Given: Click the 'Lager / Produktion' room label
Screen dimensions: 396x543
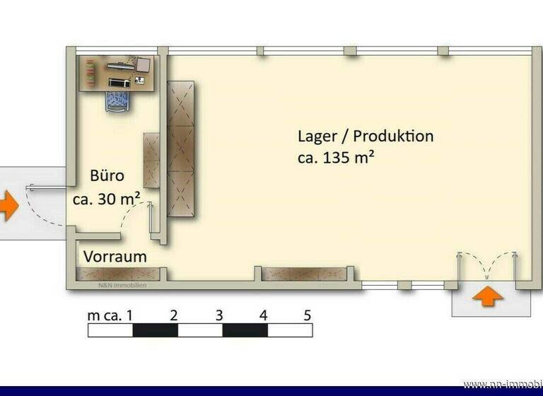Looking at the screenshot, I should point(365,136).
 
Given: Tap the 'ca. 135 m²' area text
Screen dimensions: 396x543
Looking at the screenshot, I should point(335,158).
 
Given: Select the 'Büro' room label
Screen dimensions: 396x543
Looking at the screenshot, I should point(107,176).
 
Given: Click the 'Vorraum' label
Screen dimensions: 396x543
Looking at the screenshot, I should point(115,257).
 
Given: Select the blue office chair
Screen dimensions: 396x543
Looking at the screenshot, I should point(117,100).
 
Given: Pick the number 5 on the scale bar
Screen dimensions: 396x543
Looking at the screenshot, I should point(308,315).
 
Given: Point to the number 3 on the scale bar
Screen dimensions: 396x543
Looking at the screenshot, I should point(219,315).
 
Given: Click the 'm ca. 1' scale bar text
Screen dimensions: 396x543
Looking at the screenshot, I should point(110,315).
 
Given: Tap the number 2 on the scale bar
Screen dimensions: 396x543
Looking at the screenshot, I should point(173,315).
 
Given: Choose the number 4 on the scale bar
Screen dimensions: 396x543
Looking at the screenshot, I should point(263,315).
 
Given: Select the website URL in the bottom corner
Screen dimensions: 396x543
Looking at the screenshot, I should point(503,384).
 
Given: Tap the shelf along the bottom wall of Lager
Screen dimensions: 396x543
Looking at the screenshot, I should point(305,274).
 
